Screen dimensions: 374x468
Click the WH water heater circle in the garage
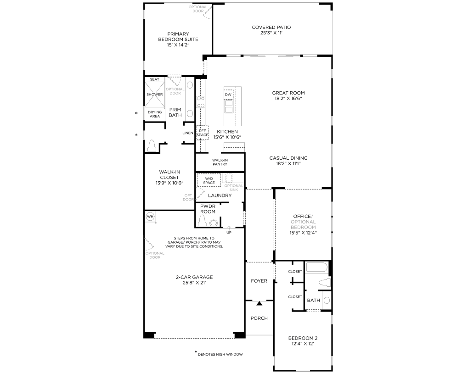pyautogui.click(x=150, y=217)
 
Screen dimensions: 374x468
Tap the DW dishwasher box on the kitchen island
pyautogui.click(x=228, y=95)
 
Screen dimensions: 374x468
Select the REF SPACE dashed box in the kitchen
pyautogui.click(x=203, y=133)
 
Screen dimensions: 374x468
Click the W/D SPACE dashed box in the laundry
pyautogui.click(x=209, y=180)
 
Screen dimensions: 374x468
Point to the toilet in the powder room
pyautogui.click(x=202, y=221)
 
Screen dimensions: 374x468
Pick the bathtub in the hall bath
pyautogui.click(x=316, y=268)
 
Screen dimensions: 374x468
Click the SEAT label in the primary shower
pyautogui.click(x=154, y=79)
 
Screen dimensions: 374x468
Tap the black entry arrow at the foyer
pyautogui.click(x=259, y=303)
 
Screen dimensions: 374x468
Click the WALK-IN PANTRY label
pyautogui.click(x=220, y=162)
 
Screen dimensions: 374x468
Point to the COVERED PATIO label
pyautogui.click(x=271, y=27)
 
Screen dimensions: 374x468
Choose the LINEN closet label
pyautogui.click(x=187, y=133)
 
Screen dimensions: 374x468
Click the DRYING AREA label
pyautogui.click(x=154, y=114)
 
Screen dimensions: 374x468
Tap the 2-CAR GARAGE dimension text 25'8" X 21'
pyautogui.click(x=193, y=283)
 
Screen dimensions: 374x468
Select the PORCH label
pyautogui.click(x=259, y=318)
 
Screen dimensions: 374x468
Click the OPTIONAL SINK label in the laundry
pyautogui.click(x=234, y=187)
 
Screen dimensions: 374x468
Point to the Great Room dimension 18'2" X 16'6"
pyautogui.click(x=288, y=98)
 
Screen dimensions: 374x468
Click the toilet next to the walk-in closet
pyautogui.click(x=152, y=146)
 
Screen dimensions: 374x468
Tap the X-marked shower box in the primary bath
pyautogui.click(x=154, y=95)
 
